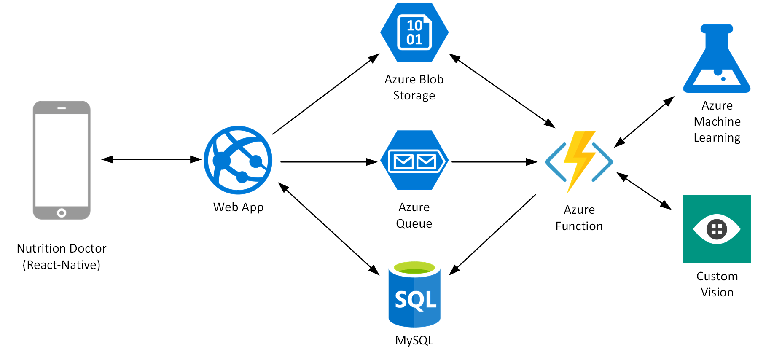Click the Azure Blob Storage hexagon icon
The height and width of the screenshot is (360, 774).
pos(414,32)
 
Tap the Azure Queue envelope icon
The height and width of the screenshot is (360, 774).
pos(414,161)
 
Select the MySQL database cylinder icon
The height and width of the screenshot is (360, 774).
pos(414,295)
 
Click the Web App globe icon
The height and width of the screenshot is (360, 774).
pos(238,160)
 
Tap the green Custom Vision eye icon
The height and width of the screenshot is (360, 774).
pos(717,229)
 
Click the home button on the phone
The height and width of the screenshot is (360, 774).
pos(62,213)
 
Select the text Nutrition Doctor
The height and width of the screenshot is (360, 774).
pos(62,248)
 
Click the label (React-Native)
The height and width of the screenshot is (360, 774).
pos(62,265)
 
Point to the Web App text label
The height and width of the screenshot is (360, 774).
pos(238,207)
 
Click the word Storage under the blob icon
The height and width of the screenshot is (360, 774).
pos(414,96)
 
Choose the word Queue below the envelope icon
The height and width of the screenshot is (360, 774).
pos(414,223)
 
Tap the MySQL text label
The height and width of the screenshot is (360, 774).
pos(414,340)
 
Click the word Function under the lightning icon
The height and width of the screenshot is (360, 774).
pos(579,226)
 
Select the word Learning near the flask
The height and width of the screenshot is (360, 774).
pos(717,138)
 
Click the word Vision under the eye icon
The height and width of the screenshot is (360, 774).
pos(717,292)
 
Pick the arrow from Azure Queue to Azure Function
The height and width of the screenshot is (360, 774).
pos(493,162)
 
